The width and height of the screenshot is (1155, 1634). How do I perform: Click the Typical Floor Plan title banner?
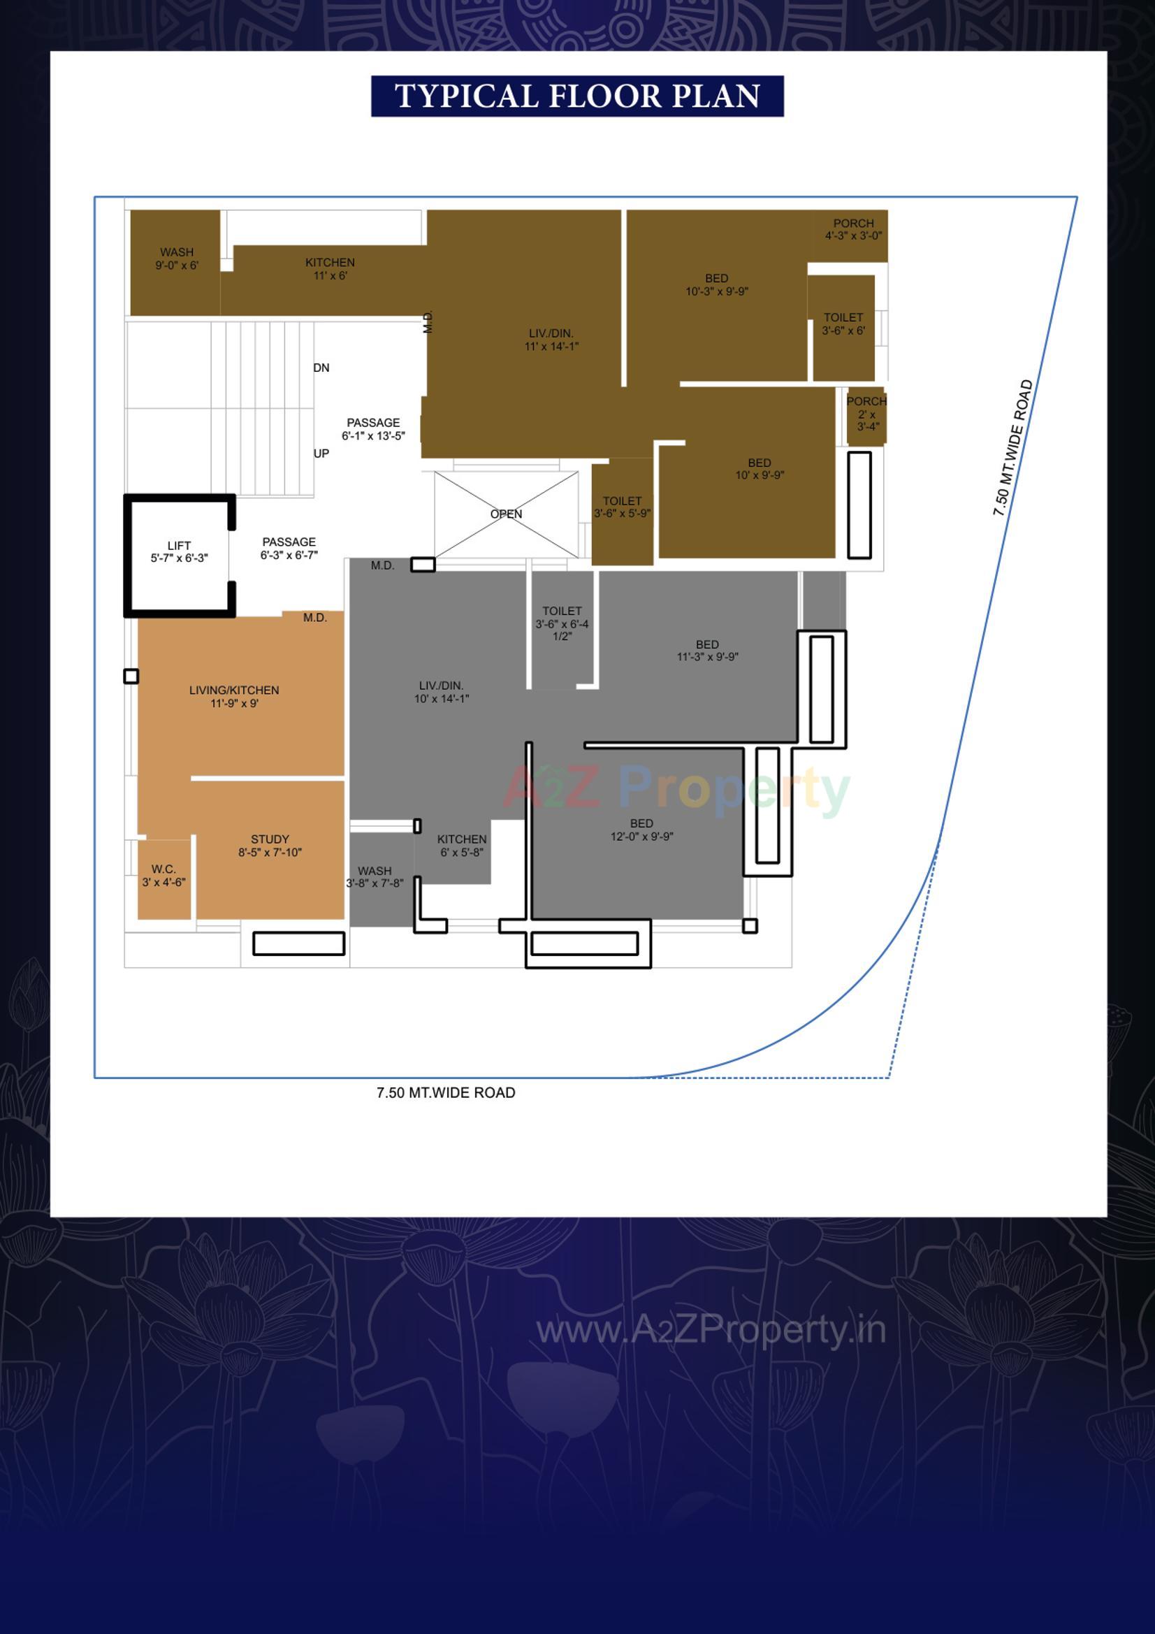(577, 96)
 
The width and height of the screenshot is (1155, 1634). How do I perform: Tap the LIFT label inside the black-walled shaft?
(179, 551)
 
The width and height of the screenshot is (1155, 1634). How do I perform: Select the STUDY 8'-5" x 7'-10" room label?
(270, 846)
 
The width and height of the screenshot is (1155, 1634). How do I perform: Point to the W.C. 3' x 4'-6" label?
(164, 875)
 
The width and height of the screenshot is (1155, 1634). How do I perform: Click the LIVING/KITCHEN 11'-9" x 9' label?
(233, 696)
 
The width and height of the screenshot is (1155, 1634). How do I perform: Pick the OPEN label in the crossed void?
(506, 514)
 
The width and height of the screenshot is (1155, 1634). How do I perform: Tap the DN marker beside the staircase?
(321, 368)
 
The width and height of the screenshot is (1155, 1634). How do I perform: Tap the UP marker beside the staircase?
(321, 454)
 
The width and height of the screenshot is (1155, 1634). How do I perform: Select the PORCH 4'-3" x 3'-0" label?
(853, 229)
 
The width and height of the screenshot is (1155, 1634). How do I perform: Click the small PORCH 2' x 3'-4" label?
(866, 414)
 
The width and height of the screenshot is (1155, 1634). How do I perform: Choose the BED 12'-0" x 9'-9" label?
(641, 829)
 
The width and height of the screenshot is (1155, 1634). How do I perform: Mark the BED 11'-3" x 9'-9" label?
(706, 651)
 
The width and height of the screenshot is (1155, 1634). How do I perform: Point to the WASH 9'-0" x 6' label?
(177, 259)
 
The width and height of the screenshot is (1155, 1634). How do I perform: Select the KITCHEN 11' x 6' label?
(330, 268)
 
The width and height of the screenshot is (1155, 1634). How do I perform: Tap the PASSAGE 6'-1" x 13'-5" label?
(373, 429)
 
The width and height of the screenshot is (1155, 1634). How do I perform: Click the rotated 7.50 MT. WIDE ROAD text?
(1012, 448)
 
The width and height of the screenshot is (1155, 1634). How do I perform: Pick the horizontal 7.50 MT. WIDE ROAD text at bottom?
(446, 1092)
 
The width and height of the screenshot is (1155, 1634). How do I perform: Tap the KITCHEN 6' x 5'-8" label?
(461, 846)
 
